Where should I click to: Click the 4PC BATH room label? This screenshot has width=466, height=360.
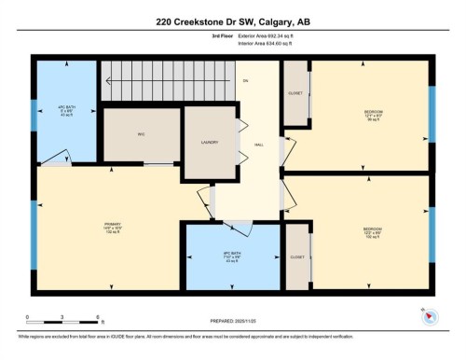pos(65,106)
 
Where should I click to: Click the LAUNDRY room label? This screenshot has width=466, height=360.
pos(209,142)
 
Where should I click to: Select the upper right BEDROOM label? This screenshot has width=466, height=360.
pos(372,112)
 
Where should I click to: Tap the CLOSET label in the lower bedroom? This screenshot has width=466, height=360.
pos(297,256)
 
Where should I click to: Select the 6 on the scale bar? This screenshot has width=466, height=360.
pos(96,318)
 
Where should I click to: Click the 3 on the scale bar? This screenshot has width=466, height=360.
pos(62,318)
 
